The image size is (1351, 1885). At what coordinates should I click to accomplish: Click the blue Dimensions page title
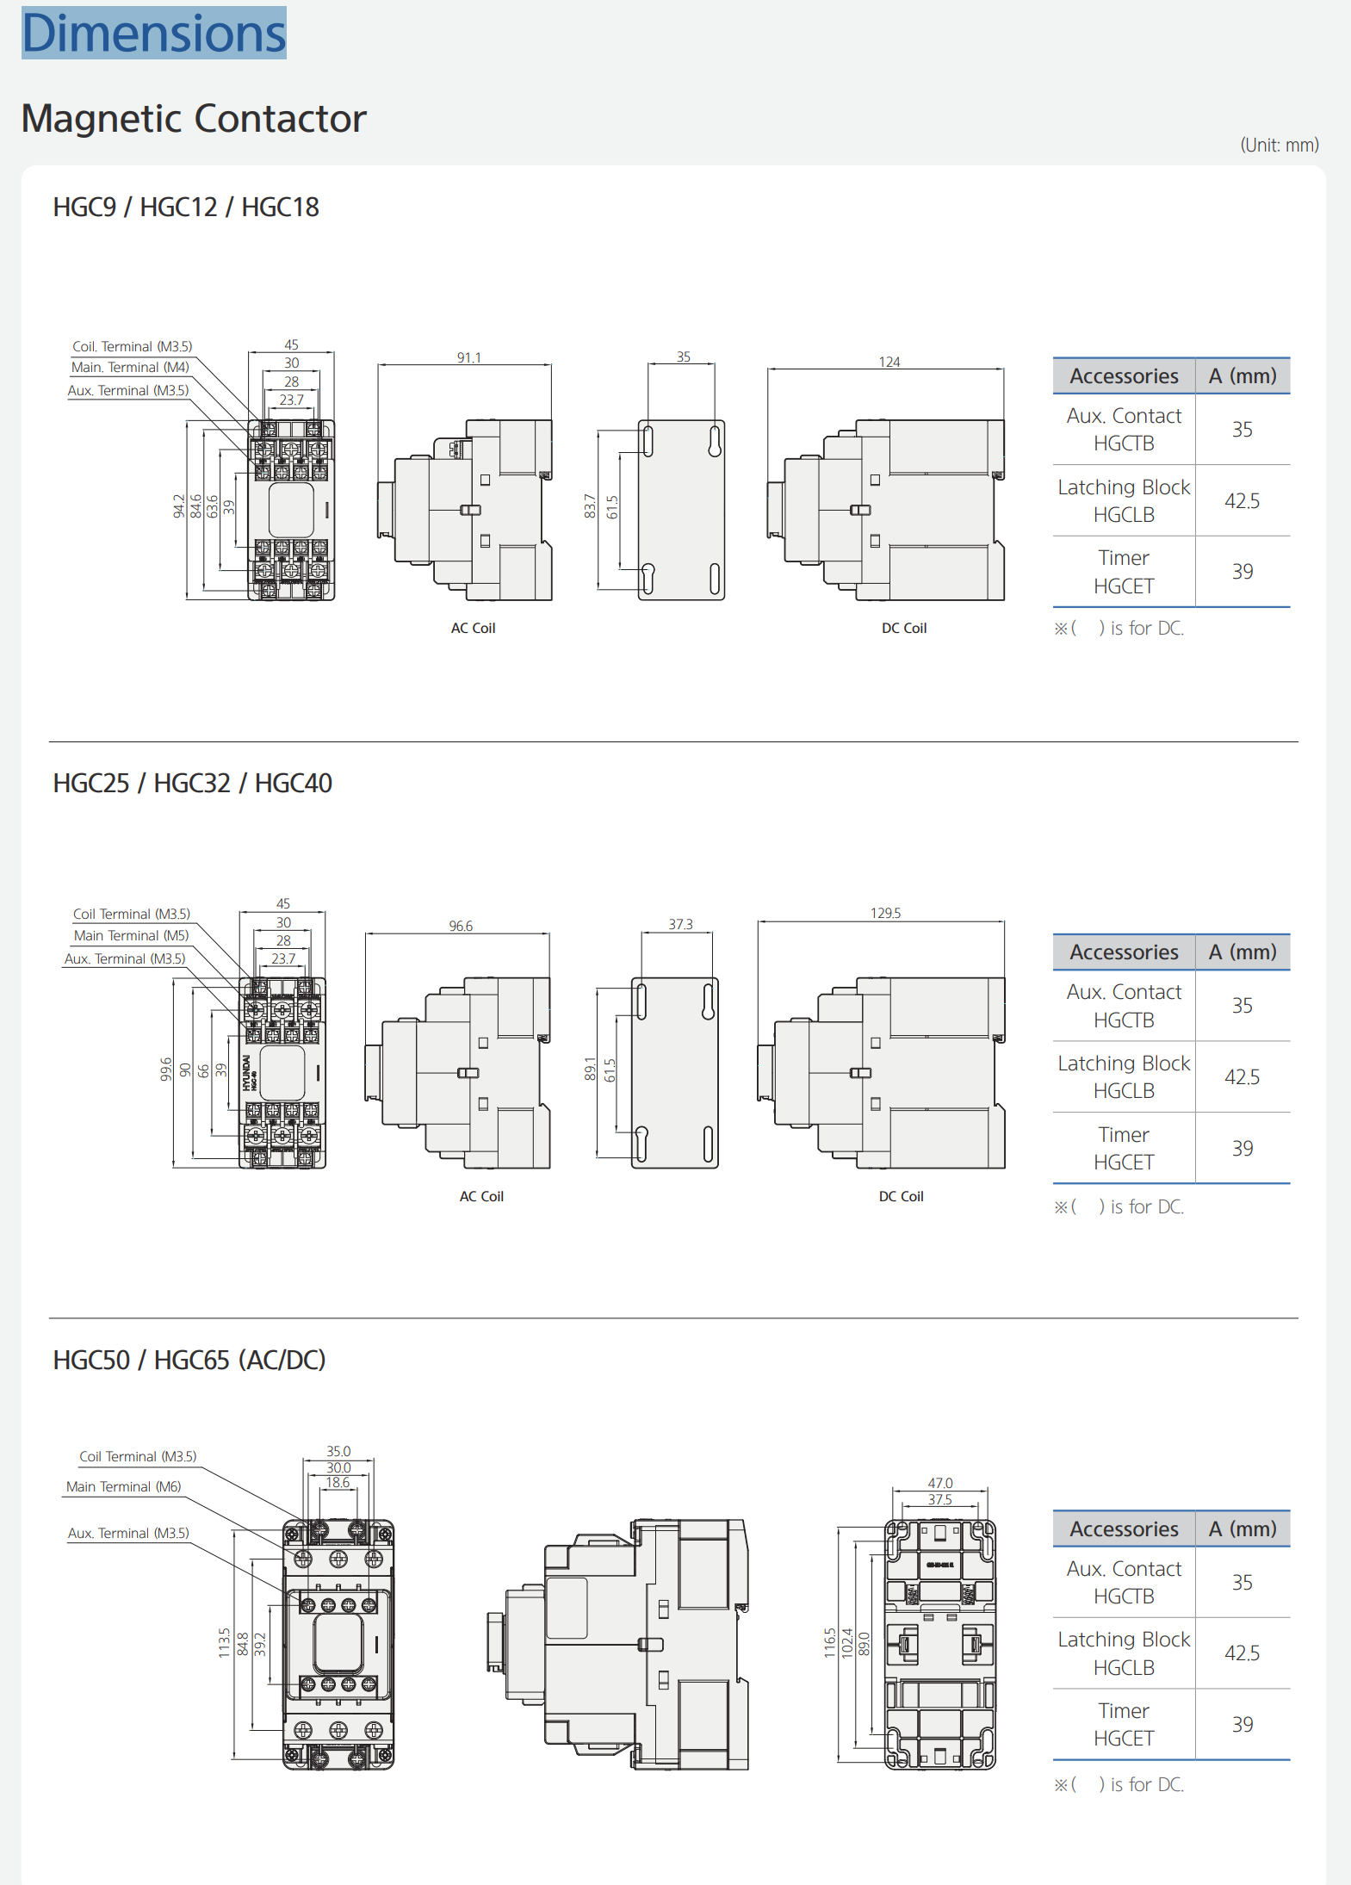tap(154, 33)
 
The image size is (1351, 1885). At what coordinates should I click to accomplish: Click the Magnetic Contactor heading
tap(194, 119)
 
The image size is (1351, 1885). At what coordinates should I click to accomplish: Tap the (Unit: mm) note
tap(1280, 145)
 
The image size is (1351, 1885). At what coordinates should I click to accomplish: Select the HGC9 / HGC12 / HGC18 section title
tap(186, 208)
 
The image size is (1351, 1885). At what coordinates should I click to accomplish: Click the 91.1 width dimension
tap(469, 357)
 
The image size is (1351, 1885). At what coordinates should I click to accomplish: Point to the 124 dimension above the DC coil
tap(889, 362)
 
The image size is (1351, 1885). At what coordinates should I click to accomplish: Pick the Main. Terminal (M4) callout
tap(130, 368)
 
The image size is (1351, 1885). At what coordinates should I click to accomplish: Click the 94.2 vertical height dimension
tap(179, 505)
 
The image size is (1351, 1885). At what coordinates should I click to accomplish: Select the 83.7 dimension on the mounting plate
tap(590, 506)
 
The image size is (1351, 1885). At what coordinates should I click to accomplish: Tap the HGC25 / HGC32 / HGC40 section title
tap(193, 784)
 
